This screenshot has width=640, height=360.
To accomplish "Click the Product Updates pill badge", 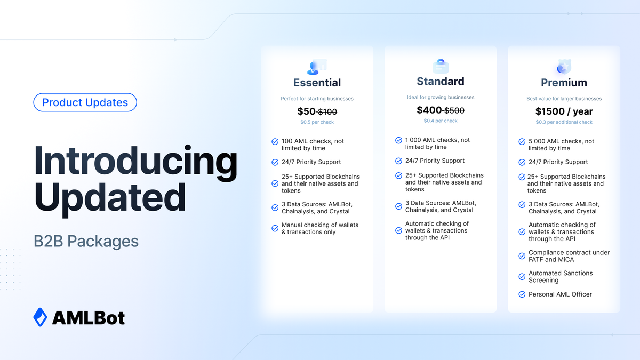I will tap(85, 102).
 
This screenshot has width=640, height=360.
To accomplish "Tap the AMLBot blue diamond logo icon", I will tap(40, 317).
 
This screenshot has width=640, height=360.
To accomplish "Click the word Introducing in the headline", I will tap(136, 161).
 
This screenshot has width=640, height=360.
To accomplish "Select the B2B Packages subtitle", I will tap(86, 241).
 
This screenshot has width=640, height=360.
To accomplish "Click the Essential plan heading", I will tap(317, 83).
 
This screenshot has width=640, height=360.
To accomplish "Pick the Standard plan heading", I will tap(440, 82).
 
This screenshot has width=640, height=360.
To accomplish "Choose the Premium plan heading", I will tap(564, 83).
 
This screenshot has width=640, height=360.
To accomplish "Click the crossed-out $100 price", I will tap(327, 112).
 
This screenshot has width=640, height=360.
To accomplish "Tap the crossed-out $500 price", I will tap(454, 110).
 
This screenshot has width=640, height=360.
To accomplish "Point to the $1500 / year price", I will tap(564, 111).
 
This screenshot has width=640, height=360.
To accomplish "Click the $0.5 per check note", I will tap(317, 122).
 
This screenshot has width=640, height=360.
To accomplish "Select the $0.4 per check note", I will tap(440, 121).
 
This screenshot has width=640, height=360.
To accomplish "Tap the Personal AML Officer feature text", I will tap(560, 294).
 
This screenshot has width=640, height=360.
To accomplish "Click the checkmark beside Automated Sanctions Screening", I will tap(522, 277).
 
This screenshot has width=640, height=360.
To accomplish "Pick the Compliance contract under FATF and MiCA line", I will tap(569, 256).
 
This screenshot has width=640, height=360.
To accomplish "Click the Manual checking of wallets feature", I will tap(320, 228).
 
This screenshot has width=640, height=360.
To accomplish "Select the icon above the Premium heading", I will tap(563, 68).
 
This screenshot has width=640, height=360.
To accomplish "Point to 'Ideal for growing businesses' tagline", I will tap(440, 97).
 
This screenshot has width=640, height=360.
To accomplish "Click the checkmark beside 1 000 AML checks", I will tap(398, 140).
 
